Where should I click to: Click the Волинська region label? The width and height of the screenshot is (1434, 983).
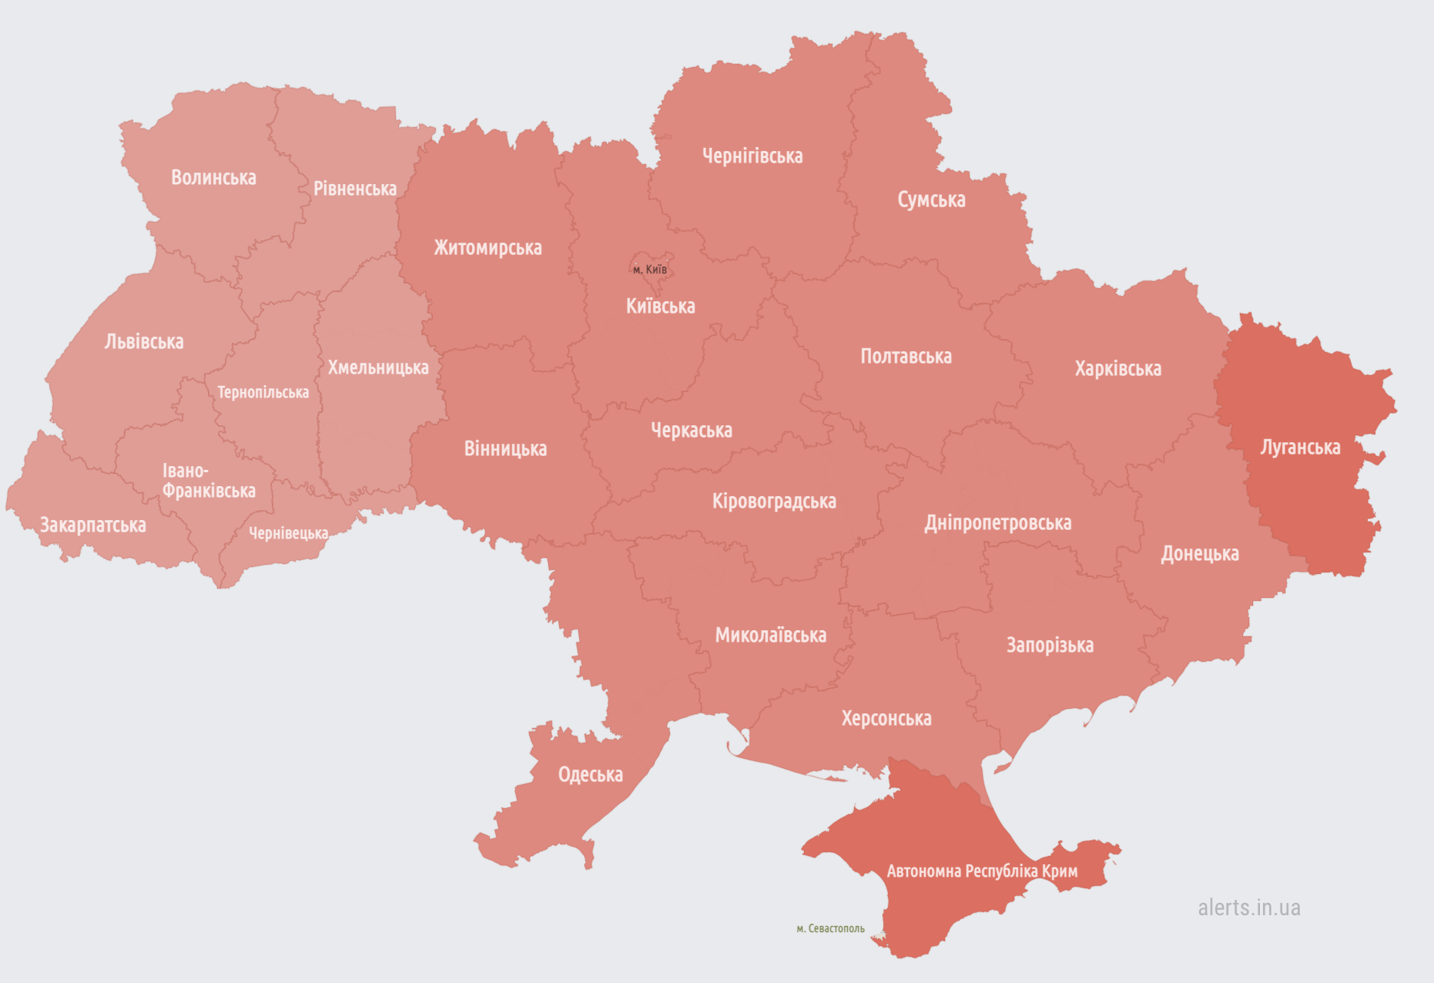point(213,178)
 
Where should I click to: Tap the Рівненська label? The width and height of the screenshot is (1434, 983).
point(354,189)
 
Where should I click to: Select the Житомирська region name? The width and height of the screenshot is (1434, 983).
point(487,248)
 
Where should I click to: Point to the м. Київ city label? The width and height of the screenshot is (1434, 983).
point(649,270)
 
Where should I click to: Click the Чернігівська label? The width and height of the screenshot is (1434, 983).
point(752,156)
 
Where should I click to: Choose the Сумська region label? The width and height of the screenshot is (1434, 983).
point(930,200)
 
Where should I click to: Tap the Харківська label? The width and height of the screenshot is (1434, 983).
point(1117,369)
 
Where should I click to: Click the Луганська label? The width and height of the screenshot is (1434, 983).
point(1299,448)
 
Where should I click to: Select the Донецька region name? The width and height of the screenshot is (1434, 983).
point(1199,554)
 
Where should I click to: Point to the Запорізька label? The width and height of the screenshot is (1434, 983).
point(1049,646)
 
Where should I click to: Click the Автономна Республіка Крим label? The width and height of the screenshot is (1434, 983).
point(981,871)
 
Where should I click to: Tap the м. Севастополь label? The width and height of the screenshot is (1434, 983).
point(829,929)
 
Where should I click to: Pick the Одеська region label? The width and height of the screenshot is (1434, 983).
point(590,775)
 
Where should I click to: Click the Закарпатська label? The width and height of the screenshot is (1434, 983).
point(92,525)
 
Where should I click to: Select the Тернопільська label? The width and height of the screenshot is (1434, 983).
point(263,393)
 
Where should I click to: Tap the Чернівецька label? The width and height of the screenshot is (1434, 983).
point(288,533)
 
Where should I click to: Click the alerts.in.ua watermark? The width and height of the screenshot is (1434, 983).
point(1248,908)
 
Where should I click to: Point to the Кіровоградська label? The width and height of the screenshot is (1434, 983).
point(773,502)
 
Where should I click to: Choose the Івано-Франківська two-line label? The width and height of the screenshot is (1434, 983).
point(208,481)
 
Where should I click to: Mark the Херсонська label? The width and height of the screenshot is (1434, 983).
point(886,719)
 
